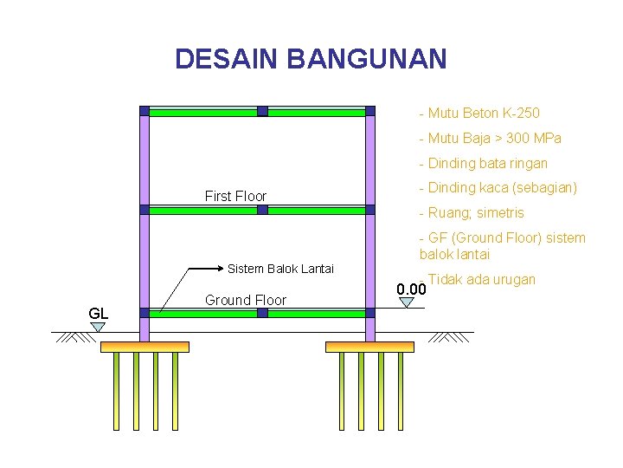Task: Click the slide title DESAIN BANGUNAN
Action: (x=311, y=59)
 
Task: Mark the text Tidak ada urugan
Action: (x=481, y=279)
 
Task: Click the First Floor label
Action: (x=235, y=197)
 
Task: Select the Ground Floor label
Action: (x=246, y=301)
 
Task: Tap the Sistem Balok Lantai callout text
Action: (x=280, y=269)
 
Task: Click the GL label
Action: (x=99, y=313)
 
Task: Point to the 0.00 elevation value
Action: (x=411, y=289)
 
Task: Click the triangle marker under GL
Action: (x=99, y=327)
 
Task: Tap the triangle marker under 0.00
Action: (x=407, y=302)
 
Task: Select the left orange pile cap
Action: (x=145, y=347)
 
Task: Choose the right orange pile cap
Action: (x=369, y=347)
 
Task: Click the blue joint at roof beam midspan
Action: (x=262, y=111)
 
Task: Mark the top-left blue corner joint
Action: (x=145, y=111)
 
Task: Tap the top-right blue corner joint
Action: (x=370, y=111)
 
